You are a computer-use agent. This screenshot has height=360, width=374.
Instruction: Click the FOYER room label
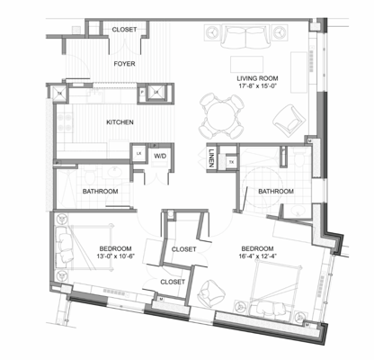[124, 64]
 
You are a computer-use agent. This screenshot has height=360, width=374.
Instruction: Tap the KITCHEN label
[120, 121]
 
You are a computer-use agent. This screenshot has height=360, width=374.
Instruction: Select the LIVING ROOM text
[258, 78]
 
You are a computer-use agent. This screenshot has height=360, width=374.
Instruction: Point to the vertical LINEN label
[210, 158]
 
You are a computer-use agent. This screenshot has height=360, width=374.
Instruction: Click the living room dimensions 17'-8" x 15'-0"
[258, 88]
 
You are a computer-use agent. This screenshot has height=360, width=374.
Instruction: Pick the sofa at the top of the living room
[245, 39]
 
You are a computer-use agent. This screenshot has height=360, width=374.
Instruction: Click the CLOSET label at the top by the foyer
[125, 30]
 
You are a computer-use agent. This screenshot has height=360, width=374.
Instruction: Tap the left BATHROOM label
[101, 192]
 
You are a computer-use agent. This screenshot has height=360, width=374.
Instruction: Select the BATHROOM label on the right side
[275, 191]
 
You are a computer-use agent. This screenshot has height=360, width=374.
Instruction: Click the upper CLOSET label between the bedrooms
[183, 249]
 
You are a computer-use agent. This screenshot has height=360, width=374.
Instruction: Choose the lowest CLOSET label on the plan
[172, 282]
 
